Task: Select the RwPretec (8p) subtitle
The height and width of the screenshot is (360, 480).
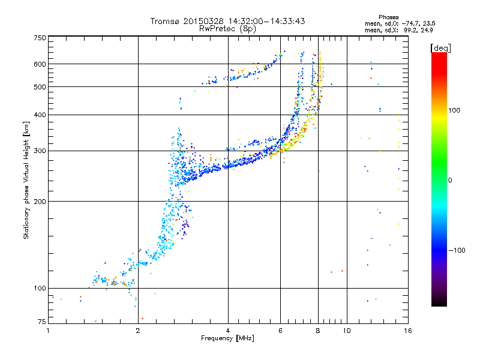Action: click(227, 29)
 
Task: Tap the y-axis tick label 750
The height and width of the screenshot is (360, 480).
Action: click(40, 38)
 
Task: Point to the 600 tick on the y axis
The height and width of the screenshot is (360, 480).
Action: click(40, 64)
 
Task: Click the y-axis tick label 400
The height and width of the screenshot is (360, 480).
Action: click(40, 115)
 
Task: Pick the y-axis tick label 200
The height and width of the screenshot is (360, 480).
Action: click(40, 202)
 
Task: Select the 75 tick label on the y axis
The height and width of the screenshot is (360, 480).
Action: click(42, 322)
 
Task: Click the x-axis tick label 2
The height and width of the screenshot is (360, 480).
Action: click(138, 331)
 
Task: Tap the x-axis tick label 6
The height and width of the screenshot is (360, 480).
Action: click(280, 331)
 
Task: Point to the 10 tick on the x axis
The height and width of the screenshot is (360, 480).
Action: click(347, 331)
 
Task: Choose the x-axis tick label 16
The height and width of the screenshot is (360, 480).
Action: click(408, 331)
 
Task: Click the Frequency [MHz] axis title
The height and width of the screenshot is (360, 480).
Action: click(228, 338)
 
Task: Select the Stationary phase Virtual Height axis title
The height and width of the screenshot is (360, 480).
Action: click(26, 180)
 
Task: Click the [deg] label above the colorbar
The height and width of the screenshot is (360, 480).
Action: click(440, 48)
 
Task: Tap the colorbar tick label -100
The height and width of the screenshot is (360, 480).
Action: click(457, 250)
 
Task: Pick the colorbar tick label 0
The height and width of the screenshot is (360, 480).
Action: click(450, 181)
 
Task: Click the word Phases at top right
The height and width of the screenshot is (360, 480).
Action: click(388, 17)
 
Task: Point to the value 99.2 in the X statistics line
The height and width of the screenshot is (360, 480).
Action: click(409, 30)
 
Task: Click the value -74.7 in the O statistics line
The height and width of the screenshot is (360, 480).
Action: click(409, 23)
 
